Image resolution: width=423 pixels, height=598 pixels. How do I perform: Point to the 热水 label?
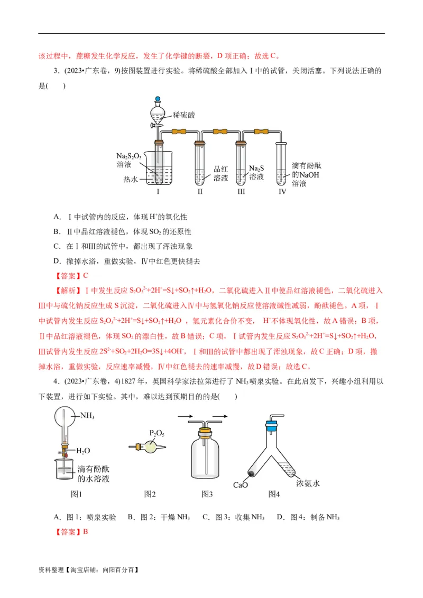(x=130, y=180)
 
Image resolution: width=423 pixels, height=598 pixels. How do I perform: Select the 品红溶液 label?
(x=220, y=174)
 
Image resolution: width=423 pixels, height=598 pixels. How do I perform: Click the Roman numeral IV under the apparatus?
(x=282, y=192)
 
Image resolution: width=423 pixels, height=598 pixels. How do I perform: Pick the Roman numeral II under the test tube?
(x=200, y=192)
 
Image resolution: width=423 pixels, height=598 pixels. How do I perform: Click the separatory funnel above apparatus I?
(x=157, y=111)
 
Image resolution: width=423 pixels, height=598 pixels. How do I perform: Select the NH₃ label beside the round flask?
(x=87, y=417)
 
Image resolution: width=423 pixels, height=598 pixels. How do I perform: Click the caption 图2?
(x=150, y=494)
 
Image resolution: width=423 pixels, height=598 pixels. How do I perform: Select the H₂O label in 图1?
(x=84, y=451)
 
